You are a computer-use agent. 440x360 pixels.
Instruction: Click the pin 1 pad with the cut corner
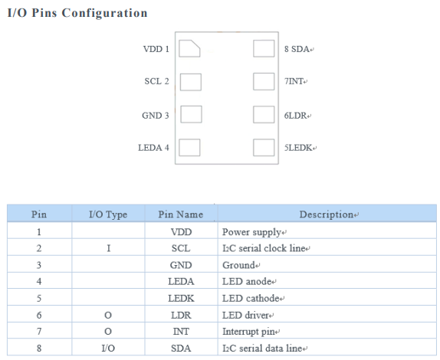pos(189,48)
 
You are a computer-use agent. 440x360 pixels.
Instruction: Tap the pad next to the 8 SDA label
pos(264,48)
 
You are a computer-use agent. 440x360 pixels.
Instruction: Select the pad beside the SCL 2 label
pos(191,82)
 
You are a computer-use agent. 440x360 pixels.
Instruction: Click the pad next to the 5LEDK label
pos(264,148)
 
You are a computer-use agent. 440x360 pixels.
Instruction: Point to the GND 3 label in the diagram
pos(156,116)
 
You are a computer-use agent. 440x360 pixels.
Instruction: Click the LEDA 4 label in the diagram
pos(153,148)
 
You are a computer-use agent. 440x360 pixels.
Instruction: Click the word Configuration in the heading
pos(105,13)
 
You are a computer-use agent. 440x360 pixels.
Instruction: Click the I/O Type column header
pos(108,214)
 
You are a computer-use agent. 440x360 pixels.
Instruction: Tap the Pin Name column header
pos(181,214)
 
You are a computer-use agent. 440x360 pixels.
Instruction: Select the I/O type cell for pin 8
pos(108,349)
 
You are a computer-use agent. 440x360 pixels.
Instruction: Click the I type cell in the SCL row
pos(109,248)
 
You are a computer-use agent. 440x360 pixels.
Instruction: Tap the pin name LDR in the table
pos(181,316)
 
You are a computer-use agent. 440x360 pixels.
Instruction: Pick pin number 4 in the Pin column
pos(39,282)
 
